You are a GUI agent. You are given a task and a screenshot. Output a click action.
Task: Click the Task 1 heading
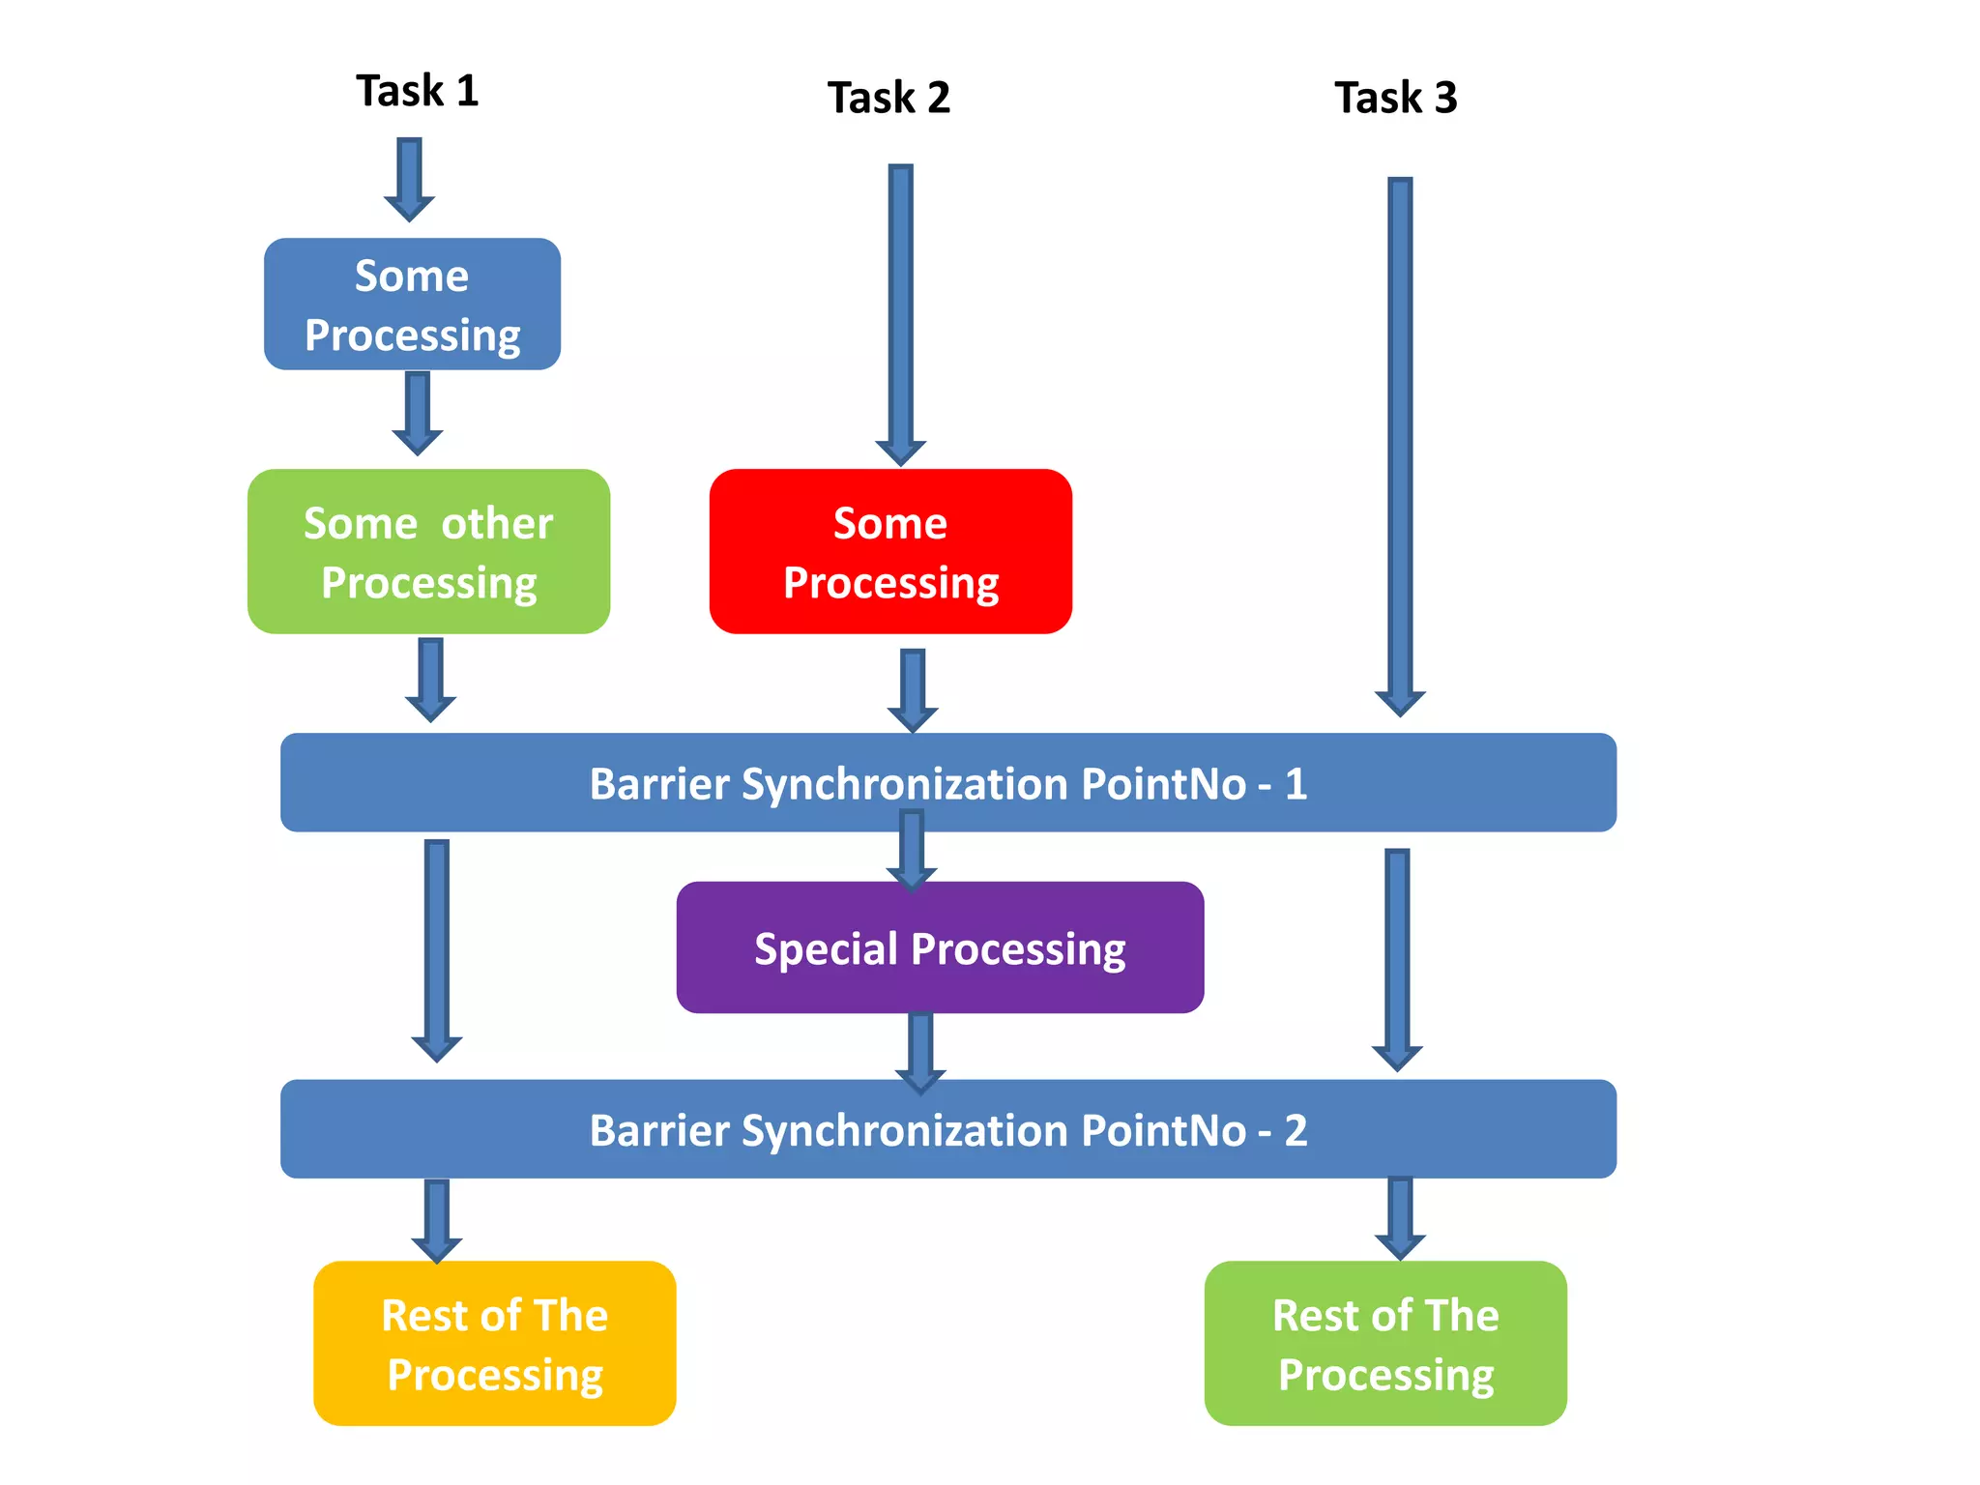click(x=417, y=91)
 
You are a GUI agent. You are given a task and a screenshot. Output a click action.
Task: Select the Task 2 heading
click(x=888, y=98)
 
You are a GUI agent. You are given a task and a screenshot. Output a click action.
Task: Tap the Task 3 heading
click(x=1395, y=98)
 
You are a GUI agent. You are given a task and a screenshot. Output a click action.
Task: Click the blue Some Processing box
click(x=412, y=305)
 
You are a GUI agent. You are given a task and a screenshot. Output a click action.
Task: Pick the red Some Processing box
click(x=890, y=552)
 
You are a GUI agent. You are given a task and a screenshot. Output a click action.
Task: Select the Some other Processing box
click(x=428, y=552)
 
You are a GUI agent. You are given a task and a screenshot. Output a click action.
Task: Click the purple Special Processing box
click(x=940, y=947)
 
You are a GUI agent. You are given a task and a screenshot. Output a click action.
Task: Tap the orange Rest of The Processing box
click(x=494, y=1343)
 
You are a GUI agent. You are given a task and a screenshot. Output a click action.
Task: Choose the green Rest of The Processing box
click(x=1385, y=1343)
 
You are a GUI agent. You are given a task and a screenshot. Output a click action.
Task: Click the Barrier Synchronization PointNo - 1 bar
click(x=947, y=783)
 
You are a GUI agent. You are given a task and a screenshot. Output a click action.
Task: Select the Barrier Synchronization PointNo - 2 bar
click(x=947, y=1129)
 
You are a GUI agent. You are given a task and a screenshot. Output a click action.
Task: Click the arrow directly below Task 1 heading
click(x=409, y=180)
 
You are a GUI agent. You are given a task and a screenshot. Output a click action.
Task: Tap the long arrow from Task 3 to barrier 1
click(x=1400, y=445)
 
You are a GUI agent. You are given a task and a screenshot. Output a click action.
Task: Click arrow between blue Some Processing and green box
click(x=418, y=414)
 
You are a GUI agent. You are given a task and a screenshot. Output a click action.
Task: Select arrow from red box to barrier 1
click(x=913, y=689)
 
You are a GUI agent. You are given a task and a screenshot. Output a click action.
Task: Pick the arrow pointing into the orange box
click(x=437, y=1220)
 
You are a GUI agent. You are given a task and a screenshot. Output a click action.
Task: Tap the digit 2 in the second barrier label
click(x=1296, y=1129)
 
